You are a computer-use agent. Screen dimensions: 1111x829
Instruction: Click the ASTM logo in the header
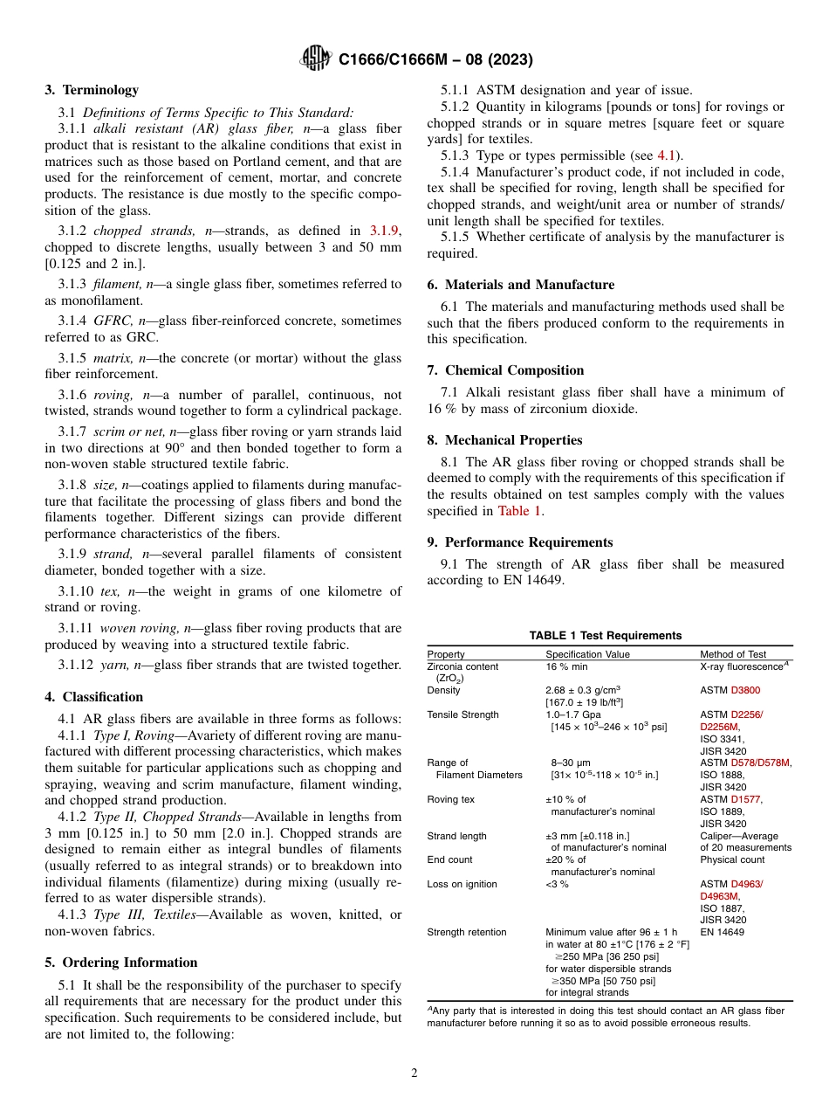(x=315, y=59)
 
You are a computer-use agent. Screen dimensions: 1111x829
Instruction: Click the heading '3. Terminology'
(x=92, y=89)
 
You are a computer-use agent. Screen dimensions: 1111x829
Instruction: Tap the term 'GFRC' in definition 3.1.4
(x=112, y=321)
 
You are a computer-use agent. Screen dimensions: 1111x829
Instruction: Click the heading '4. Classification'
(x=93, y=696)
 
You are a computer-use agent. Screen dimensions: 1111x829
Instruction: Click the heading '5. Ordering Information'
(x=121, y=962)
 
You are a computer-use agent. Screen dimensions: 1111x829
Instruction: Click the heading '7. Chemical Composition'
(x=514, y=369)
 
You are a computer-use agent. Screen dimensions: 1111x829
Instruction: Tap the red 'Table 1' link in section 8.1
(x=520, y=511)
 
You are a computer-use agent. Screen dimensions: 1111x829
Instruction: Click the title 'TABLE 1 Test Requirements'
(x=606, y=635)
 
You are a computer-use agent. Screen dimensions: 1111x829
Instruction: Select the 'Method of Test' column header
(x=733, y=653)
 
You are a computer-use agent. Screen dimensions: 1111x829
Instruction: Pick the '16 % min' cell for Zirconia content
(x=566, y=666)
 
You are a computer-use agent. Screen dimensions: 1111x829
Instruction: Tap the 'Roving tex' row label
(x=450, y=798)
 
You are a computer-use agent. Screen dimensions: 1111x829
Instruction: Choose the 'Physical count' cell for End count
(x=733, y=859)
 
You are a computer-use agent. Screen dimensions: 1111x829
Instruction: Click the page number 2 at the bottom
(x=414, y=1073)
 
